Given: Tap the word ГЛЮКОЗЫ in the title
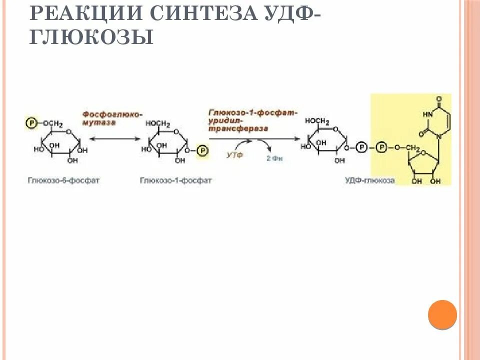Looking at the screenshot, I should [91, 37].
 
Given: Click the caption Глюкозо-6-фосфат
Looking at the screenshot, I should [63, 180].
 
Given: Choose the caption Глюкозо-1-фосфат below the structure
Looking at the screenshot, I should [176, 180].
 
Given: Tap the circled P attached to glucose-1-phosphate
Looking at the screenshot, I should [201, 149].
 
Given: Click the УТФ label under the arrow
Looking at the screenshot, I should [234, 155].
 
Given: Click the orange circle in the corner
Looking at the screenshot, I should [442, 314].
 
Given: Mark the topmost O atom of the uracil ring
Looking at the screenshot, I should [438, 98].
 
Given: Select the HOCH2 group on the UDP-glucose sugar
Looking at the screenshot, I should [317, 121].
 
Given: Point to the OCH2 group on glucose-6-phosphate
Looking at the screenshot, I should [52, 123].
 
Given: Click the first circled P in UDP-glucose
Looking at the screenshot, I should [363, 147].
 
